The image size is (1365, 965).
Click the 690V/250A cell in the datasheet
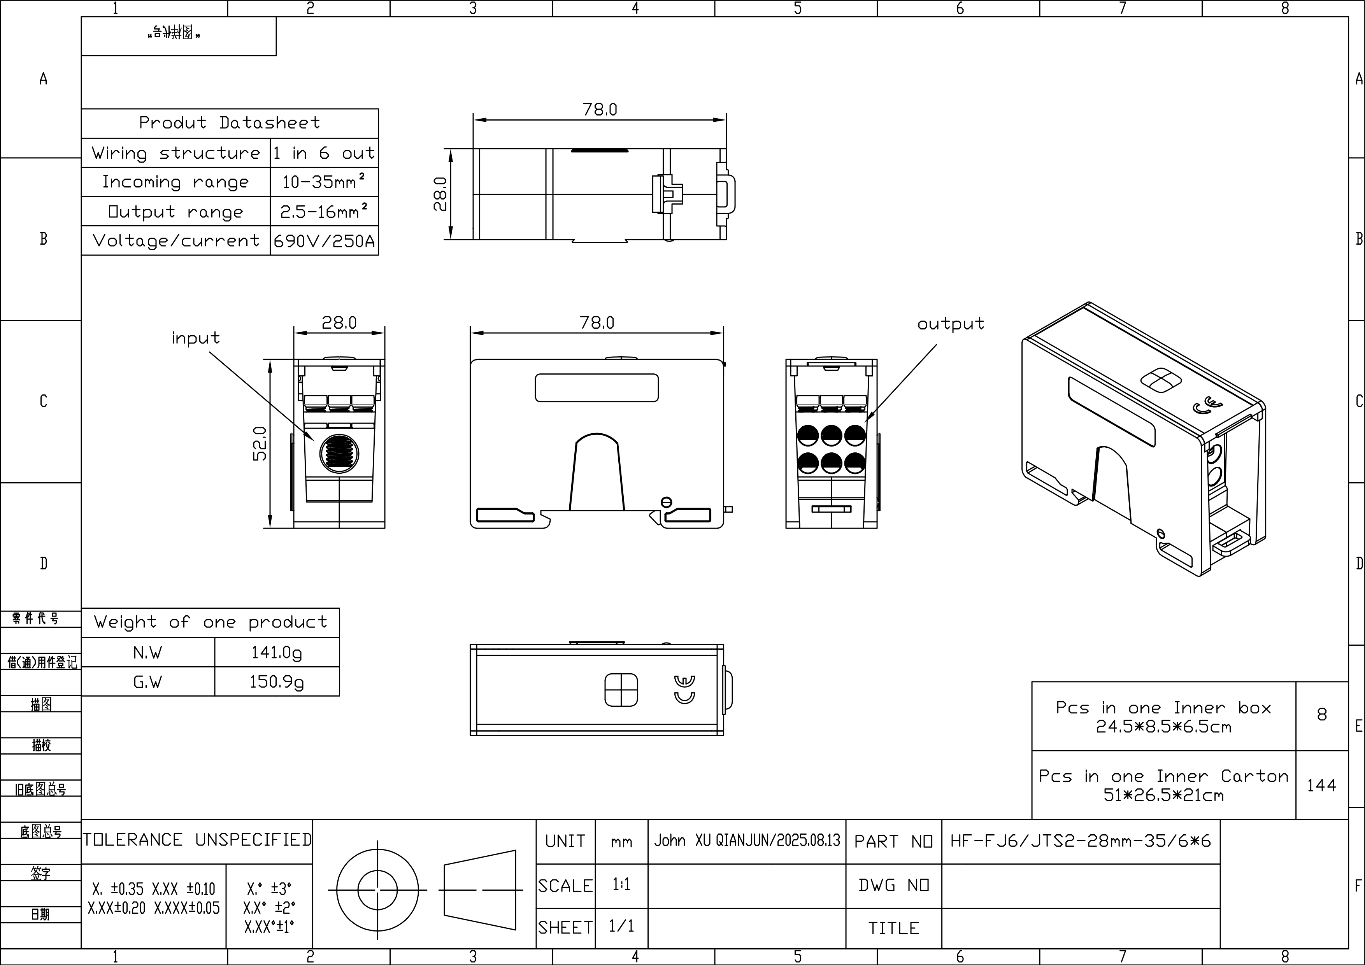(324, 241)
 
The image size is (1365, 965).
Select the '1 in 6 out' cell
(324, 153)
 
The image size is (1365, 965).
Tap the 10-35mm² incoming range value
(324, 181)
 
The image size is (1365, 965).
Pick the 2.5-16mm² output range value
(324, 211)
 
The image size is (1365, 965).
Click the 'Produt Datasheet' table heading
(230, 123)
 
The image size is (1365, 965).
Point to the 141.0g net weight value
(276, 652)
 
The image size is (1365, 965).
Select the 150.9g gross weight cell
(276, 681)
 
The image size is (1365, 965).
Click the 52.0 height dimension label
(260, 443)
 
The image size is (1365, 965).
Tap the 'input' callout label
(196, 338)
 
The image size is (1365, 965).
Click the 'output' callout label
(951, 324)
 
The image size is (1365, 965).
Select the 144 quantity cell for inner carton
(1321, 785)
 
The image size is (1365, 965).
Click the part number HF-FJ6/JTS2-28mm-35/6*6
(1080, 841)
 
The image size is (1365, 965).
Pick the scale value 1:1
(621, 885)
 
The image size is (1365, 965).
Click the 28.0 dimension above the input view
(339, 323)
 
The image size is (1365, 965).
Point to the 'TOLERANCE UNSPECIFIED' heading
(197, 840)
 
